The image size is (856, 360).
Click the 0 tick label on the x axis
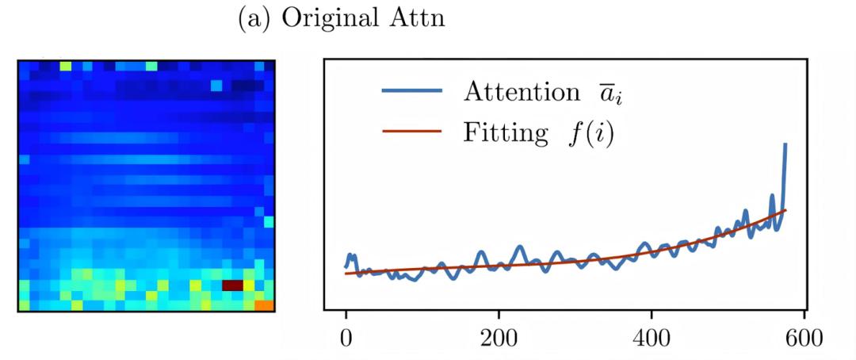coord(346,335)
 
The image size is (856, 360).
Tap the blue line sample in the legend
coord(411,90)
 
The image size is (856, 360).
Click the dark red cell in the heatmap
coord(231,285)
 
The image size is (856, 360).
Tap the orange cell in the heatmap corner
coord(264,304)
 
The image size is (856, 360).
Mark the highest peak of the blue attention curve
coord(785,144)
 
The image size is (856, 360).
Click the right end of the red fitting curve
coord(785,209)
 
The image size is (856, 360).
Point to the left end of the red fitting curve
coord(346,274)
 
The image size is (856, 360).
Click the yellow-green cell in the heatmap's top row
coord(65,65)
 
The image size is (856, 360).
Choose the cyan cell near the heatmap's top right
coord(216,85)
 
